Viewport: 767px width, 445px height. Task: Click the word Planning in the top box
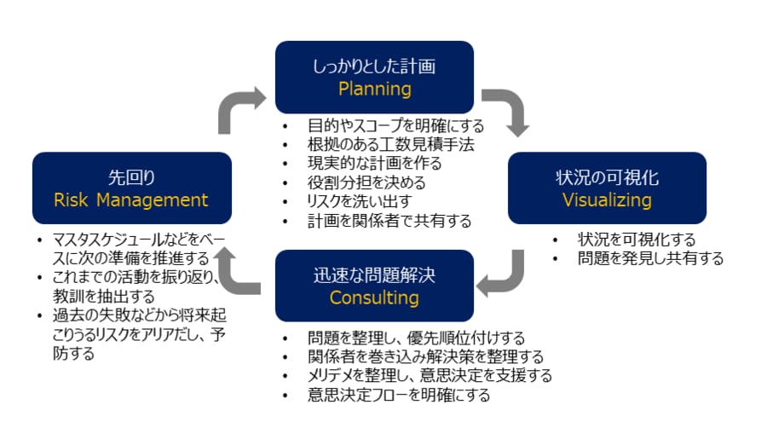374,89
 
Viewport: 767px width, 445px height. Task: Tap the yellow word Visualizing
607,200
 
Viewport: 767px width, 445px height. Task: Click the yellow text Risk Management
131,200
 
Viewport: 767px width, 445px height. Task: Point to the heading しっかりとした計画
374,65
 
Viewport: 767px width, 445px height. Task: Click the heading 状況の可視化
607,177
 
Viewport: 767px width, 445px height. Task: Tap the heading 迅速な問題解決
374,275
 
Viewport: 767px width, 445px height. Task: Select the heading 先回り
131,177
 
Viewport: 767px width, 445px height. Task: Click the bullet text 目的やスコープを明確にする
395,126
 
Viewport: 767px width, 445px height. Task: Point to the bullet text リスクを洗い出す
360,201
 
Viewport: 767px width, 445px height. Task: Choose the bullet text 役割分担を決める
366,182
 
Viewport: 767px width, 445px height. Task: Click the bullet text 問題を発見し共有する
649,258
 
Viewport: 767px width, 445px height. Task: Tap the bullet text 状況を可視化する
636,240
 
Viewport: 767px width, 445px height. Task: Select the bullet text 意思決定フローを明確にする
399,395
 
